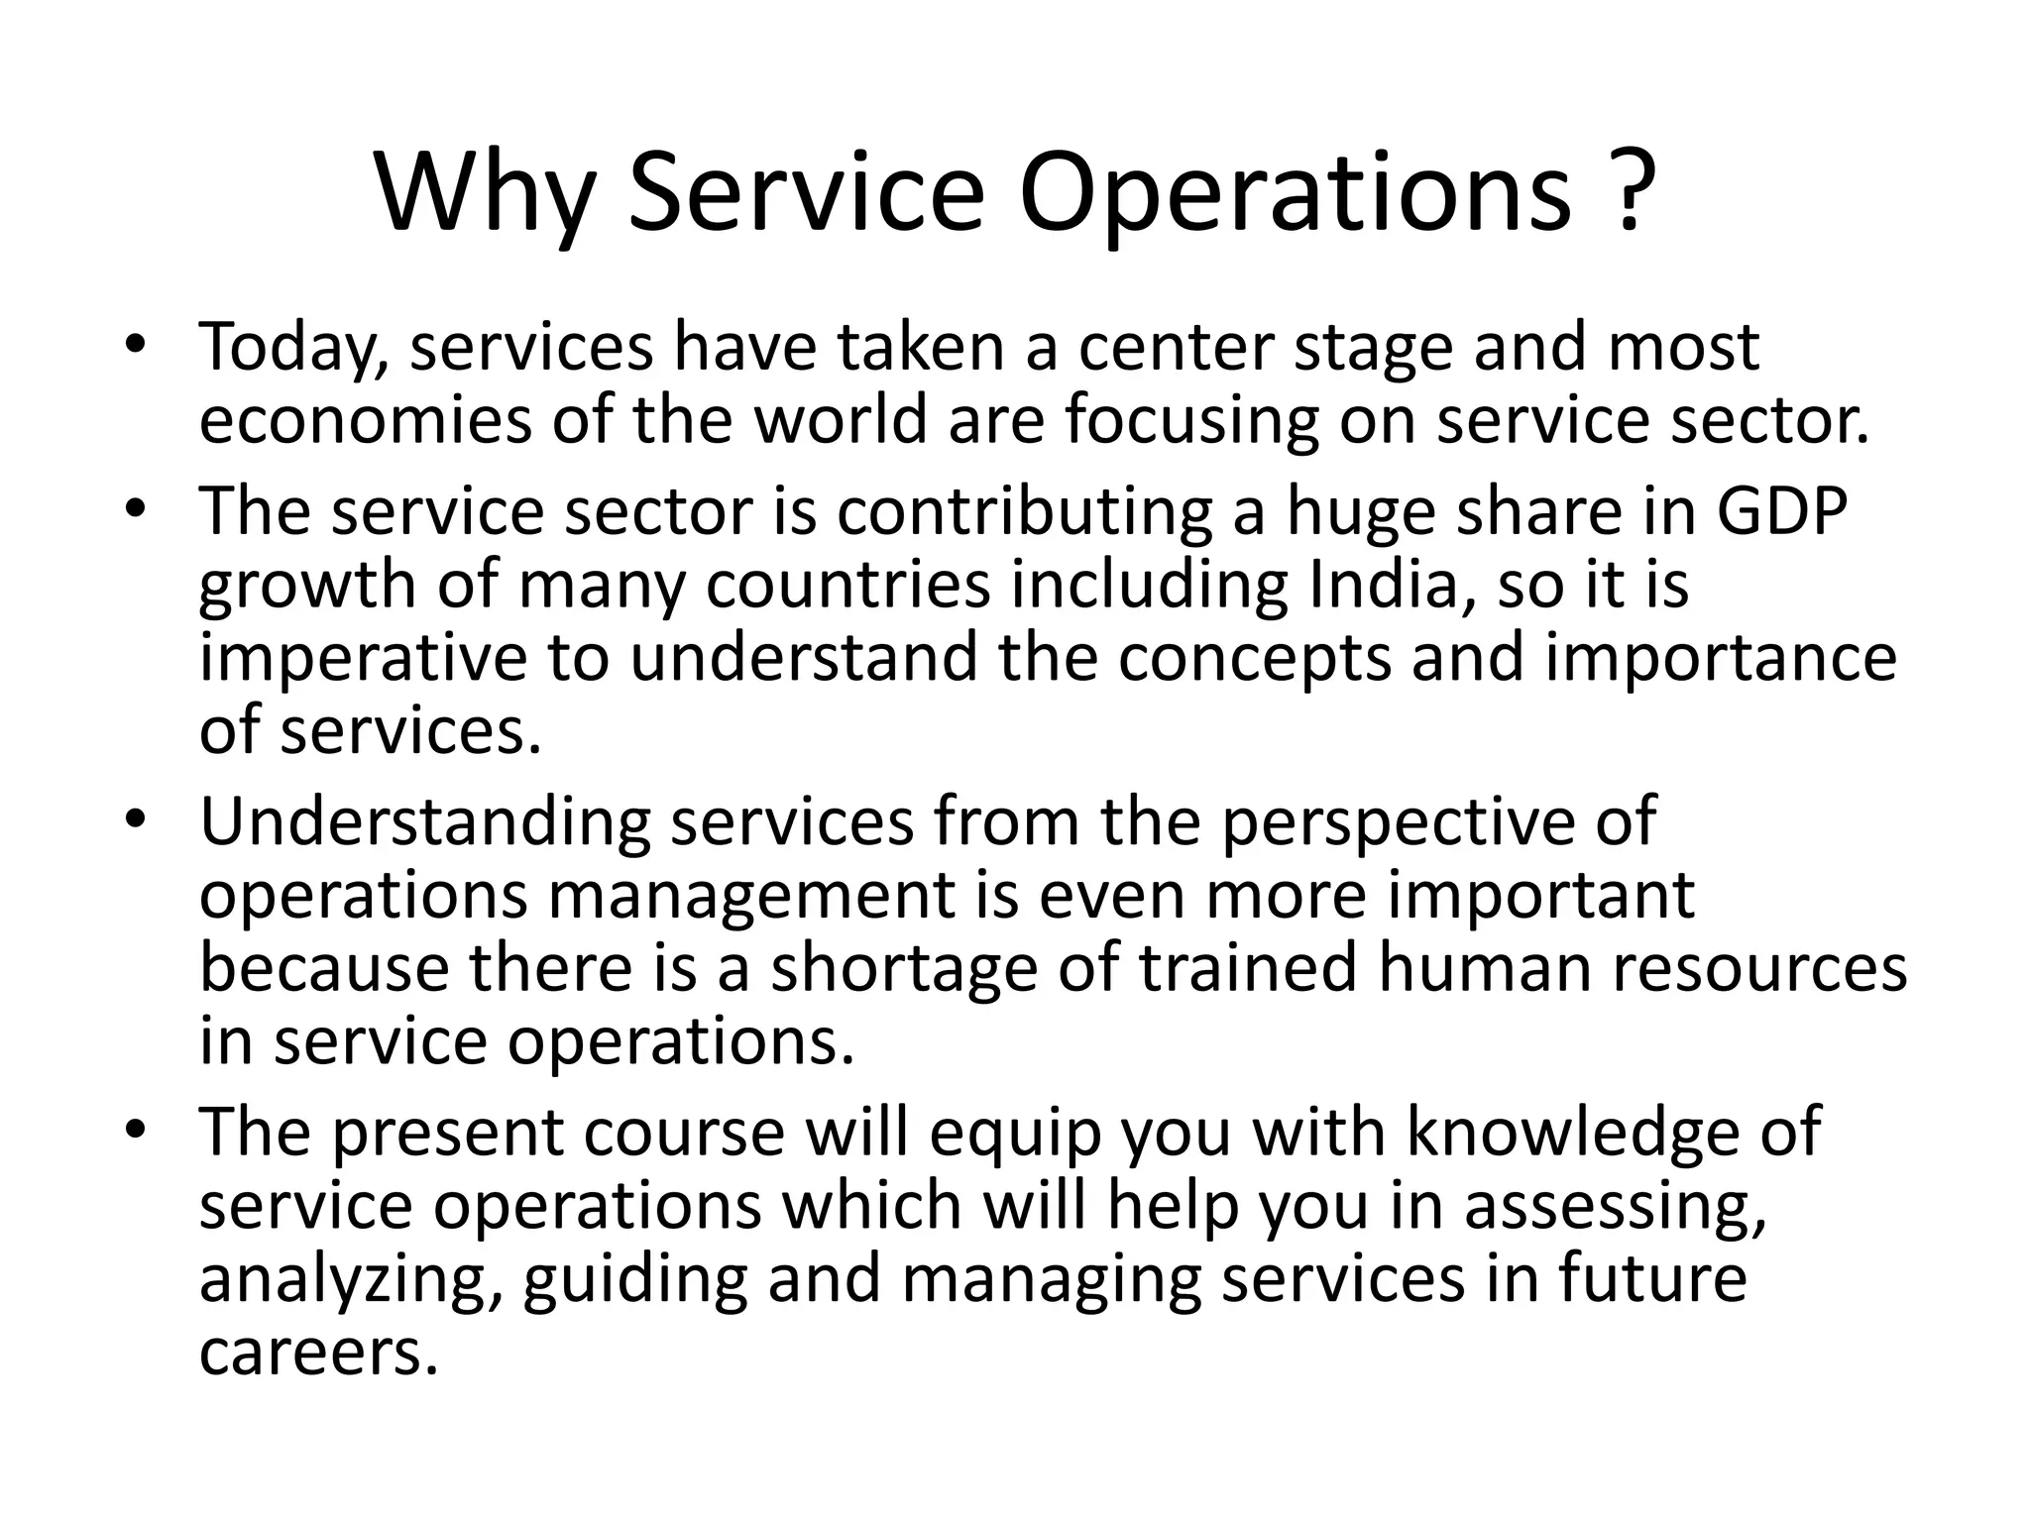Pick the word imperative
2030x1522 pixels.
[x=363, y=659]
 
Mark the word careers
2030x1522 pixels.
[x=317, y=1353]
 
